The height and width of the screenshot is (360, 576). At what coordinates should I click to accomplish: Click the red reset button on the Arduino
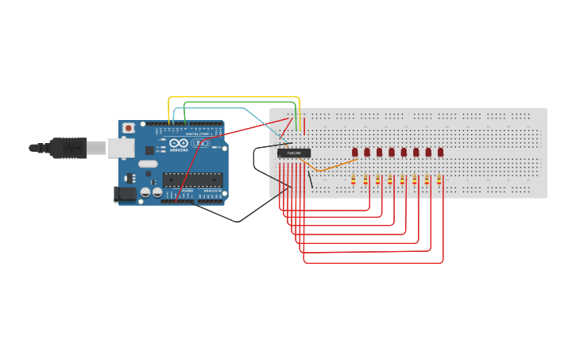click(128, 128)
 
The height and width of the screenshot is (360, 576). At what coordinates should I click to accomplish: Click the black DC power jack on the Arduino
click(124, 193)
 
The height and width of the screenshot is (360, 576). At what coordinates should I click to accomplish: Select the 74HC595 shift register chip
click(294, 153)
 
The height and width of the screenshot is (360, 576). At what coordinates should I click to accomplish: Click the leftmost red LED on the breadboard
click(355, 152)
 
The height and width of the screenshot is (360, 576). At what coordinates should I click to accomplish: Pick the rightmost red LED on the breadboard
click(440, 152)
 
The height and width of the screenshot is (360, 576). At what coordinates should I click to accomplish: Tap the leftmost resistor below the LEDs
click(353, 180)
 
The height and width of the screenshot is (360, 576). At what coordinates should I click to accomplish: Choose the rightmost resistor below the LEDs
click(439, 180)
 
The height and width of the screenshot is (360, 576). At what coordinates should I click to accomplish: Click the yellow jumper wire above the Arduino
click(234, 97)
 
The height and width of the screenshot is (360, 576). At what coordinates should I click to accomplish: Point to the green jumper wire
click(238, 102)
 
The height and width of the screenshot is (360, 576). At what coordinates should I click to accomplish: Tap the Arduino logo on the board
click(179, 144)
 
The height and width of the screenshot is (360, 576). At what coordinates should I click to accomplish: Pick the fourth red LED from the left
click(392, 152)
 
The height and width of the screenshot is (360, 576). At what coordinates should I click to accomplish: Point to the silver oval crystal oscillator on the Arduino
click(148, 164)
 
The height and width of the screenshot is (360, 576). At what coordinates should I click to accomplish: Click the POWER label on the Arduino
click(187, 192)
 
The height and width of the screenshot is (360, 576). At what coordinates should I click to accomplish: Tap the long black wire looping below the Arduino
click(238, 221)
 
